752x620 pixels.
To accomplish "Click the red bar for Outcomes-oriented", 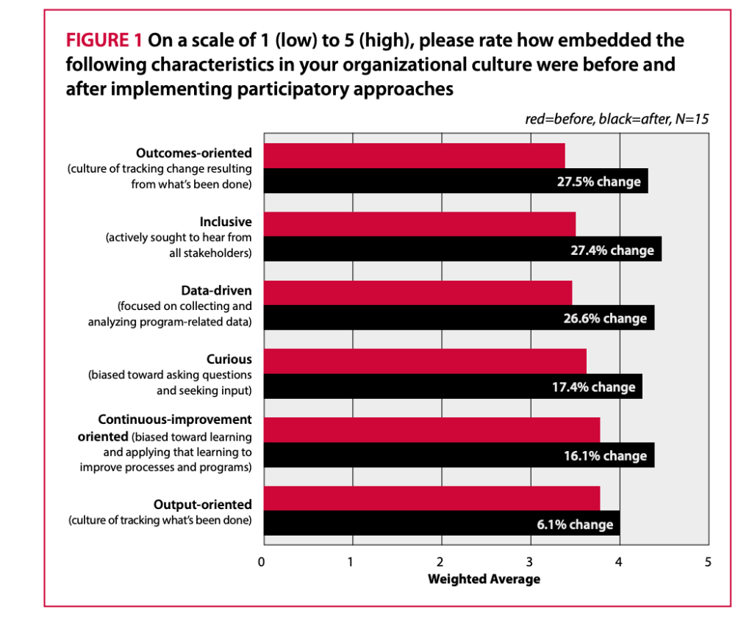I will [414, 156].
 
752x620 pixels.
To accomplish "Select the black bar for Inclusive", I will [462, 249].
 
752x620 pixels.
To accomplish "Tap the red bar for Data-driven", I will [418, 292].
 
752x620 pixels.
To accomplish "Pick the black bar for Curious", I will [453, 386].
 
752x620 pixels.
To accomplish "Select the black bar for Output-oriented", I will [442, 524].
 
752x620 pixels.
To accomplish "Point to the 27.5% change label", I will [598, 181].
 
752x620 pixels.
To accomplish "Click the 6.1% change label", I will [570, 525].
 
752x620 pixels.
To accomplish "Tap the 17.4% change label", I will [593, 387].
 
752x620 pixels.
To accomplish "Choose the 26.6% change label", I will [605, 318].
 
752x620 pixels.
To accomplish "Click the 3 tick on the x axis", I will [530, 562].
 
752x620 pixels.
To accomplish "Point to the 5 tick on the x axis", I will [708, 562].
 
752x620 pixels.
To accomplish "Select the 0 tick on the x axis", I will [262, 562].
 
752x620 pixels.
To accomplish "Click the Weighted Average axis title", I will [484, 579].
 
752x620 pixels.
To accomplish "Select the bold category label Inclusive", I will [226, 221].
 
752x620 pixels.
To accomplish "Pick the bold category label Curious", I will [229, 359].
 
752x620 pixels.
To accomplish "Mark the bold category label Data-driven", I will [216, 290].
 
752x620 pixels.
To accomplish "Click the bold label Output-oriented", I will [202, 505].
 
